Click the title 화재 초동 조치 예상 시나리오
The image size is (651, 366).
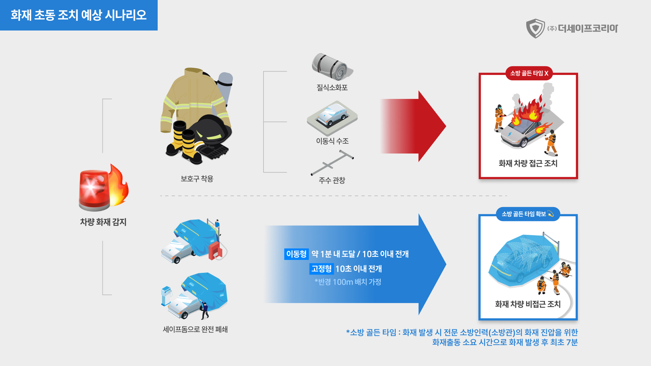tap(79, 15)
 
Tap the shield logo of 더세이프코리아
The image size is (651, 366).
tap(535, 28)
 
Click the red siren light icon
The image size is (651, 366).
tap(94, 190)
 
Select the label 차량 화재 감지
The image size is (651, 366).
tap(103, 222)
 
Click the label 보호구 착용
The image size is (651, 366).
tap(197, 179)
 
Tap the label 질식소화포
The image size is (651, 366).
tap(332, 87)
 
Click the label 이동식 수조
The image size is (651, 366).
tap(332, 141)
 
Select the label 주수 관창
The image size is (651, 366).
tap(332, 180)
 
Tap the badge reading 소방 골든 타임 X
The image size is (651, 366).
tap(529, 73)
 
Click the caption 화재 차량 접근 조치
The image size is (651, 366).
tap(528, 163)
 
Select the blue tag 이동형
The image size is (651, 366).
tap(296, 254)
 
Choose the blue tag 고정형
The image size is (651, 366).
tap(321, 269)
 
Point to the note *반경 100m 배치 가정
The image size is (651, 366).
tap(348, 282)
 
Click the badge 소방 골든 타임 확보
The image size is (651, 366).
tap(528, 214)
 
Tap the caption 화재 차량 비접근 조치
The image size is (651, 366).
tap(528, 304)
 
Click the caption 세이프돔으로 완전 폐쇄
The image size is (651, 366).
tap(195, 329)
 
